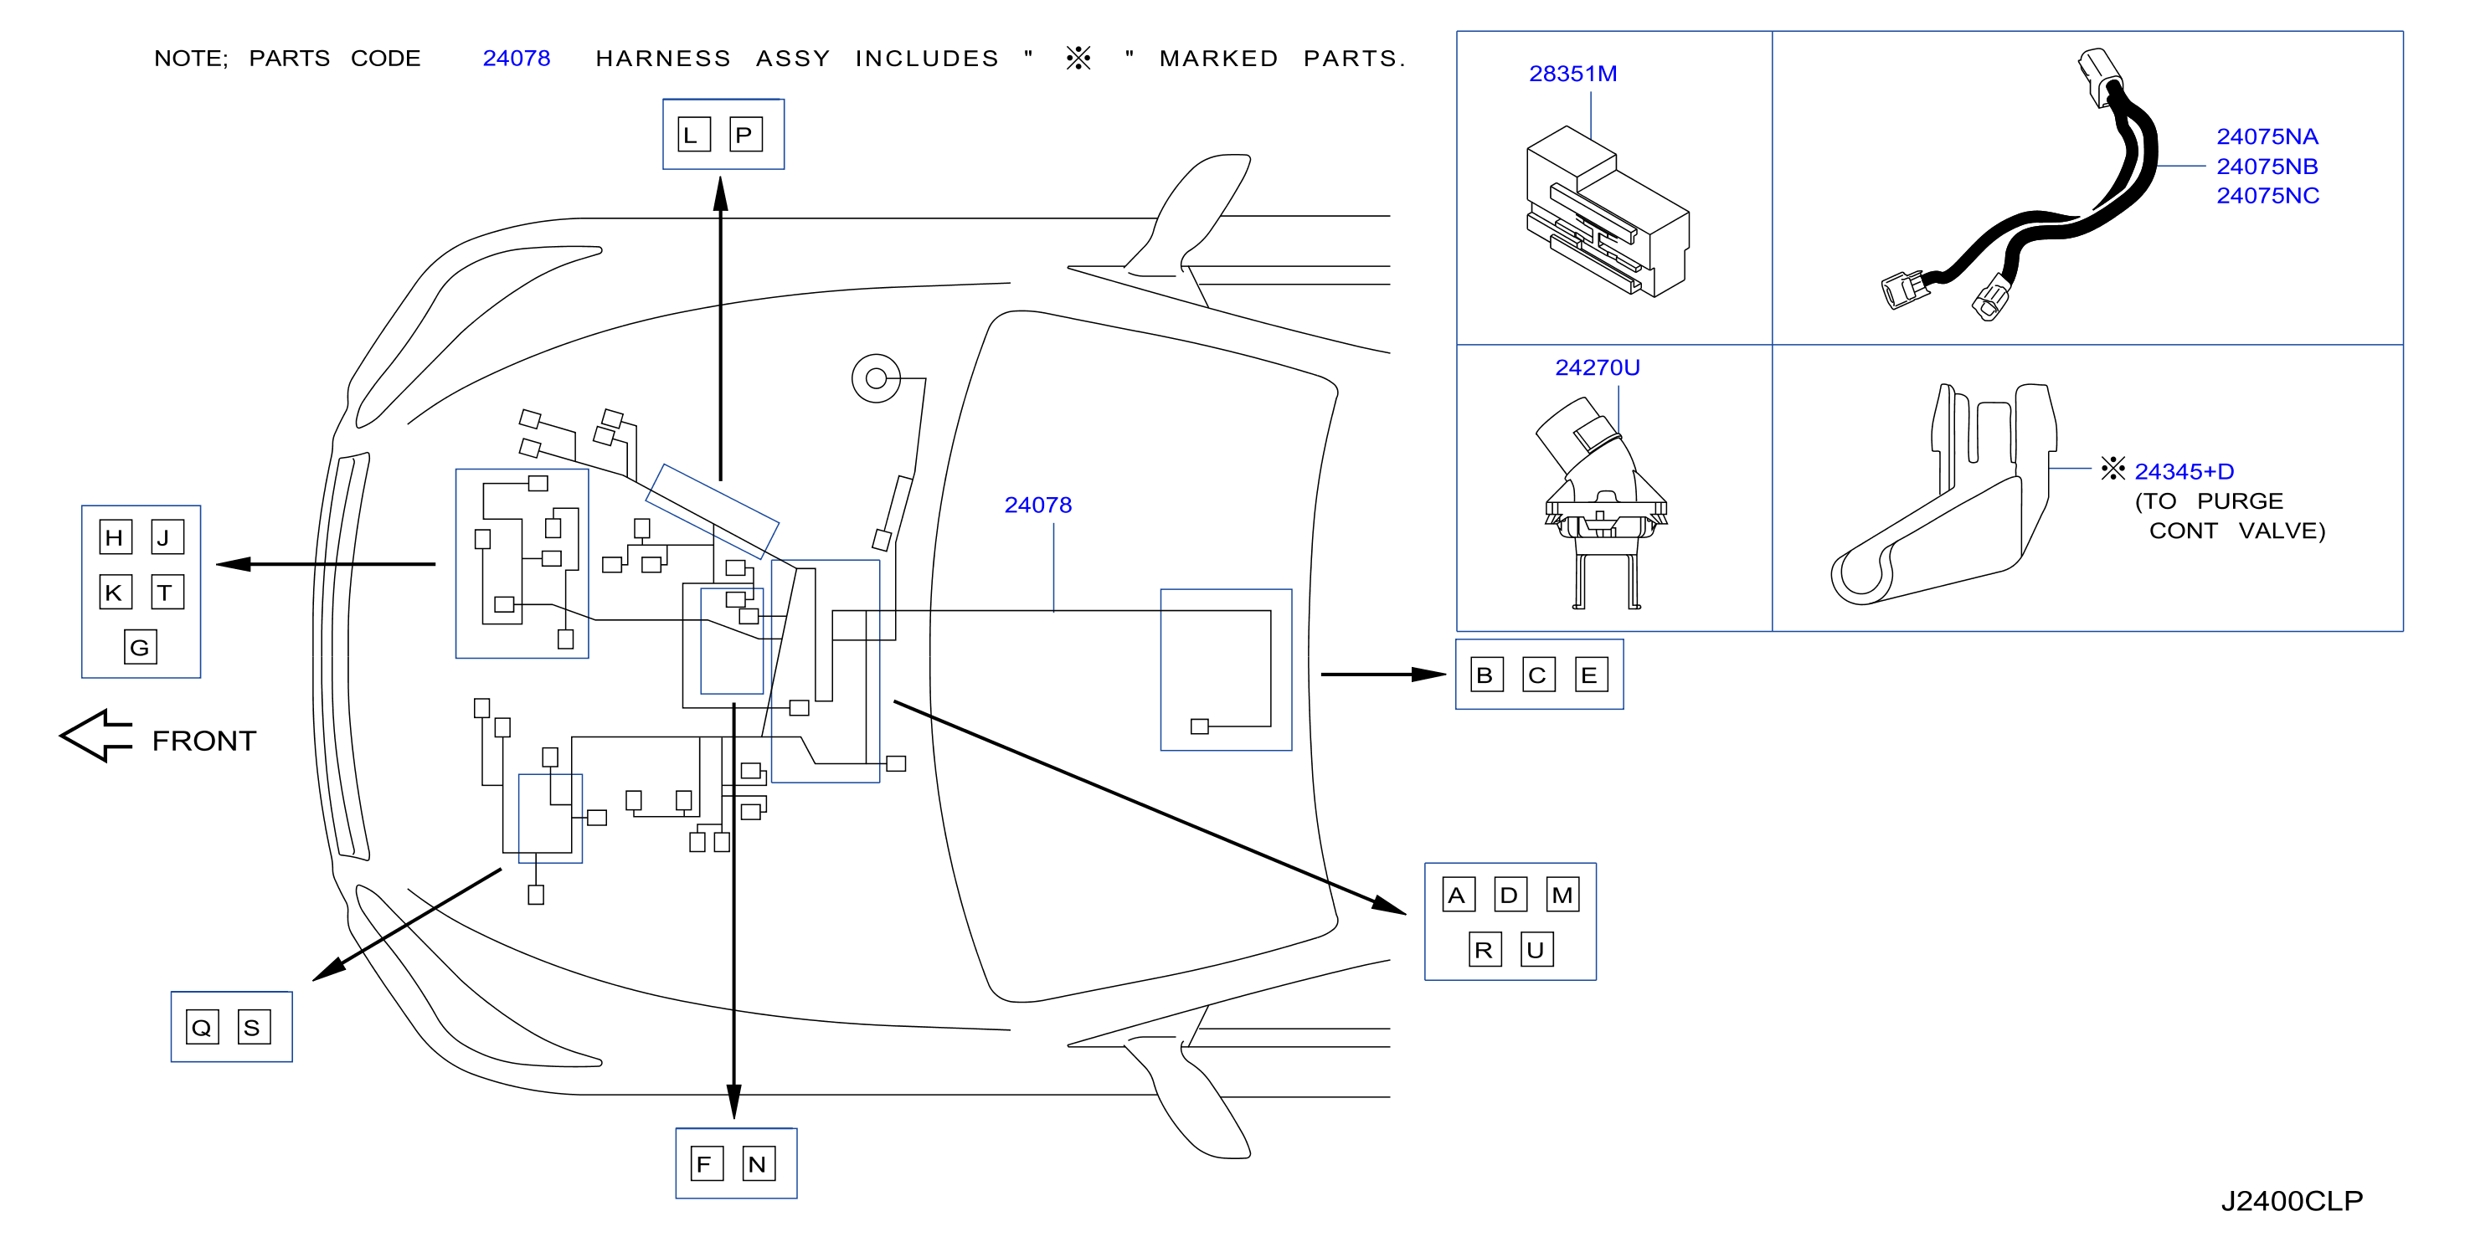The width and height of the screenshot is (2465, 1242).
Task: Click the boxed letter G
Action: click(141, 647)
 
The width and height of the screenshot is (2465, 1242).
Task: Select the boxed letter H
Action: click(115, 538)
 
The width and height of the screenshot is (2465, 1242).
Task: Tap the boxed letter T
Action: click(167, 593)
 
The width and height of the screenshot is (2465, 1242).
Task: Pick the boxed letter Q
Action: click(202, 1027)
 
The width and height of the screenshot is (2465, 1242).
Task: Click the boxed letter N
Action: click(759, 1163)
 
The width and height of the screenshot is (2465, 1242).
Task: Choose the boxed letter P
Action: click(745, 134)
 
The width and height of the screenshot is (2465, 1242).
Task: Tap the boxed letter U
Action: click(1536, 949)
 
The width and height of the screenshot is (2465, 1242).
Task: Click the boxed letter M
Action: click(1562, 895)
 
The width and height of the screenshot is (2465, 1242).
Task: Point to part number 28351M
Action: click(1572, 74)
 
